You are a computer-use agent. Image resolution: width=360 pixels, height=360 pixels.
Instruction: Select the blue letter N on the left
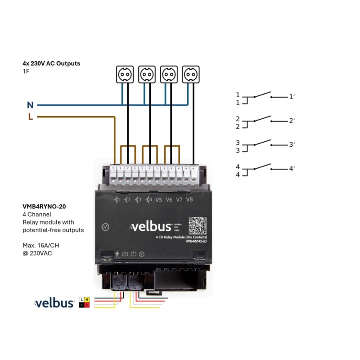[x=30, y=105]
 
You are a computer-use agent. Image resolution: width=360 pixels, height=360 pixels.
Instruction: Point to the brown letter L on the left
[x=30, y=117]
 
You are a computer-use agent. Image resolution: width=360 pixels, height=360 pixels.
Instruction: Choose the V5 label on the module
[x=158, y=200]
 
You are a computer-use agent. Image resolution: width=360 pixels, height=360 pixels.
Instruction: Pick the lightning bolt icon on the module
[x=117, y=254]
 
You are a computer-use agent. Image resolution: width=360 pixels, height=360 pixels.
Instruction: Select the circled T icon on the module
[x=141, y=254]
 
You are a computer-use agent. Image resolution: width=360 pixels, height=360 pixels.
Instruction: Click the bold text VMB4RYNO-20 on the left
[x=44, y=207]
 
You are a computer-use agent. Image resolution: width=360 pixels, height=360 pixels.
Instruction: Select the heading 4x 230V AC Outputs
[x=51, y=63]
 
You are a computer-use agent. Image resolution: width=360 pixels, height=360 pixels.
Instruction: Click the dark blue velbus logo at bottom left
[x=54, y=303]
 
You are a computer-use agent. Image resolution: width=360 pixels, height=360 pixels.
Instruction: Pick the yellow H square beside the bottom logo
[x=87, y=300]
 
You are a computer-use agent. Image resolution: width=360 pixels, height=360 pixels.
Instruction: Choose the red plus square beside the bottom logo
[x=87, y=305]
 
